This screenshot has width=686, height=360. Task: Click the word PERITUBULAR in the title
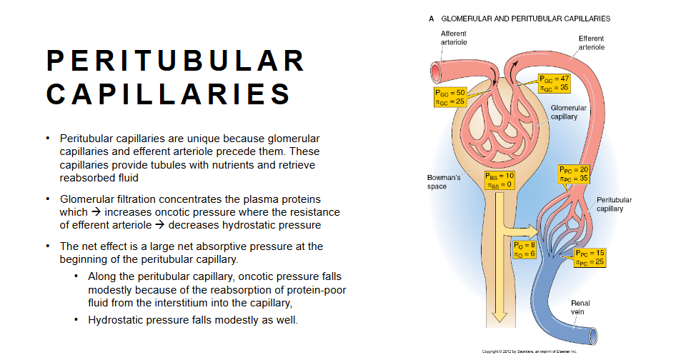[x=176, y=61]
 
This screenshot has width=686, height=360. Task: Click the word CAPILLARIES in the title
[x=169, y=94]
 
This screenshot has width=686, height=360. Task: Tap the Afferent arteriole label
[x=455, y=39]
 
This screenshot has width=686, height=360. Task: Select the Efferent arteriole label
[x=592, y=43]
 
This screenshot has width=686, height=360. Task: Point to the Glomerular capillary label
[x=569, y=112]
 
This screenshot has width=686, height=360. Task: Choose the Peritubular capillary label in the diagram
[x=614, y=204]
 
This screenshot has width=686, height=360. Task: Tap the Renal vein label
[x=580, y=308]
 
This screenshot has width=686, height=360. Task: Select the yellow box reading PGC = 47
[x=554, y=83]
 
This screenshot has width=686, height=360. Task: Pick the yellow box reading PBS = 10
[x=499, y=180]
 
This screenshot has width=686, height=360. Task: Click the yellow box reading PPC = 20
[x=573, y=174]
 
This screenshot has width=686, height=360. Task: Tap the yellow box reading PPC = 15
[x=590, y=257]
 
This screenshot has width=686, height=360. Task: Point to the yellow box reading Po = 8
[x=525, y=249]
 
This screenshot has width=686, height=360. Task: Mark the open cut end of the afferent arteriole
[x=434, y=71]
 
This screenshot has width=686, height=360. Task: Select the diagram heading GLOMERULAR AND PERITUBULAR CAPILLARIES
[x=525, y=18]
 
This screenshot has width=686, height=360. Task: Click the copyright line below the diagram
[x=530, y=351]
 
